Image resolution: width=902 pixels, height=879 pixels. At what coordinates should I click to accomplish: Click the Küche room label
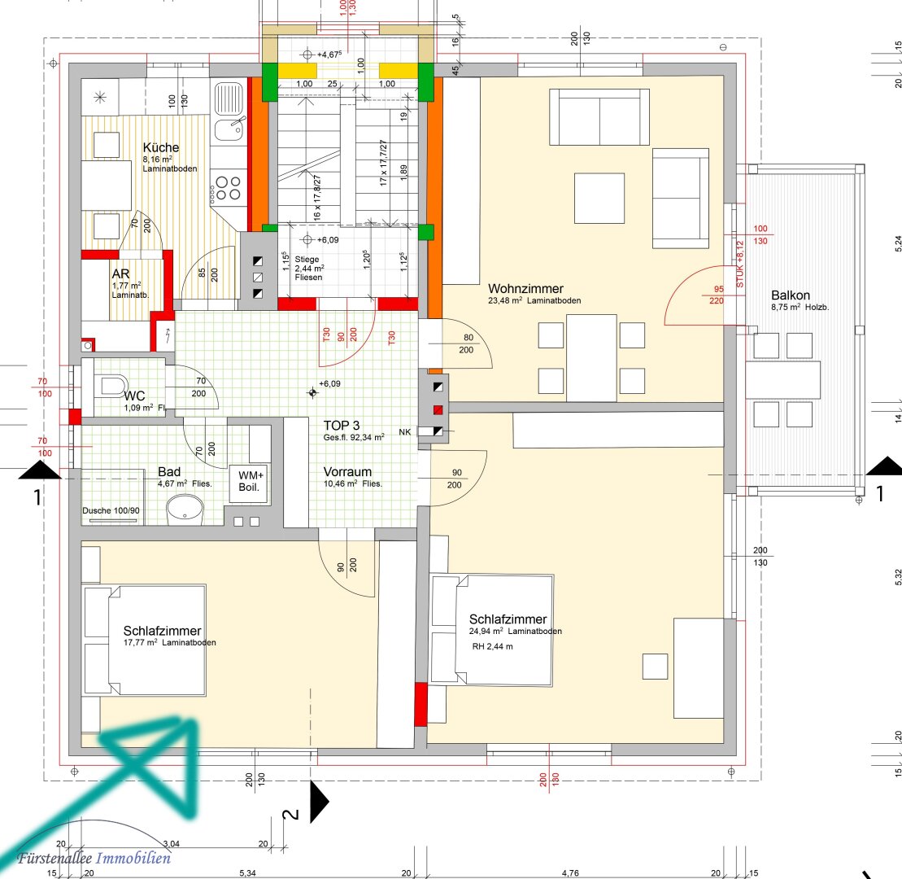160,147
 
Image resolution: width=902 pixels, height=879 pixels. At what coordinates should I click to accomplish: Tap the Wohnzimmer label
525,288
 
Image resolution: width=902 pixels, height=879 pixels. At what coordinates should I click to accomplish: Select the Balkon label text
791,295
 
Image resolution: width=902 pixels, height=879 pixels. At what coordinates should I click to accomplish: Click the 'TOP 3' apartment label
341,426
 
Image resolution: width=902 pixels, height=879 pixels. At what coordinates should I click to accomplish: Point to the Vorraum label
347,471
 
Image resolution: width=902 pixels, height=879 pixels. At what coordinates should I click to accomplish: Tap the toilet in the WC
111,385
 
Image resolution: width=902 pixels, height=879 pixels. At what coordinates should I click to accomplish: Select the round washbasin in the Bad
185,509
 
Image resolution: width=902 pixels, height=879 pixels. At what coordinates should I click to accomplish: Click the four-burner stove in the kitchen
227,188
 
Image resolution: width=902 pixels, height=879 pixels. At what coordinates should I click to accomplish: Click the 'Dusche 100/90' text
111,510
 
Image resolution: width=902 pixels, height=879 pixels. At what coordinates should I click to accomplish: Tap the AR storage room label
121,274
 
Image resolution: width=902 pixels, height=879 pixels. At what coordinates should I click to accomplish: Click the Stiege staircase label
307,260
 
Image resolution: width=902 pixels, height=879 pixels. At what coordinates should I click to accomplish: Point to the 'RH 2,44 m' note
492,646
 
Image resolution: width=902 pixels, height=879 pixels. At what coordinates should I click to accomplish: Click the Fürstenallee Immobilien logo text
94,859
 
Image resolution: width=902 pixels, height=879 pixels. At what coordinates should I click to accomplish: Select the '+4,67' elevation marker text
329,55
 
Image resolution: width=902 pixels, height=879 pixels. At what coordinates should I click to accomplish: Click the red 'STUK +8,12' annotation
740,264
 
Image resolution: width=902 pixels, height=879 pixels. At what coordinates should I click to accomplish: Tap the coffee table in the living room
599,198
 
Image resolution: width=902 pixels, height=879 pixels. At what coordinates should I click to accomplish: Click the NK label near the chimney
405,431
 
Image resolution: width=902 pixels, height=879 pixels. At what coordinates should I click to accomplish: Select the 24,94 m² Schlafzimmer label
508,619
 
